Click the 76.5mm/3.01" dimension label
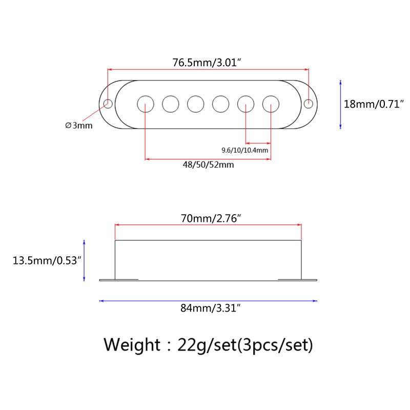tap(207, 63)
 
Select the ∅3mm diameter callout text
tap(79, 126)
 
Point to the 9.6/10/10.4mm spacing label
tap(244, 150)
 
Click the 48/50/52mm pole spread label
tap(209, 165)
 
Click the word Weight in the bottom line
tap(132, 344)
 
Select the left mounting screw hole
tap(109, 104)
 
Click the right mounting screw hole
tap(308, 104)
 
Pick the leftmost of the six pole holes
tap(146, 104)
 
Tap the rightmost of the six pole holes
tap(271, 104)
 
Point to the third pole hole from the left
tap(195, 104)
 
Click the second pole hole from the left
tap(171, 104)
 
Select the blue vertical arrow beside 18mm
tap(340, 104)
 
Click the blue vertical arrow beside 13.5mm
tap(85, 260)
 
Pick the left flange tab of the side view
tap(107, 280)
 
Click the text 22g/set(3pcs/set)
tap(244, 344)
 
